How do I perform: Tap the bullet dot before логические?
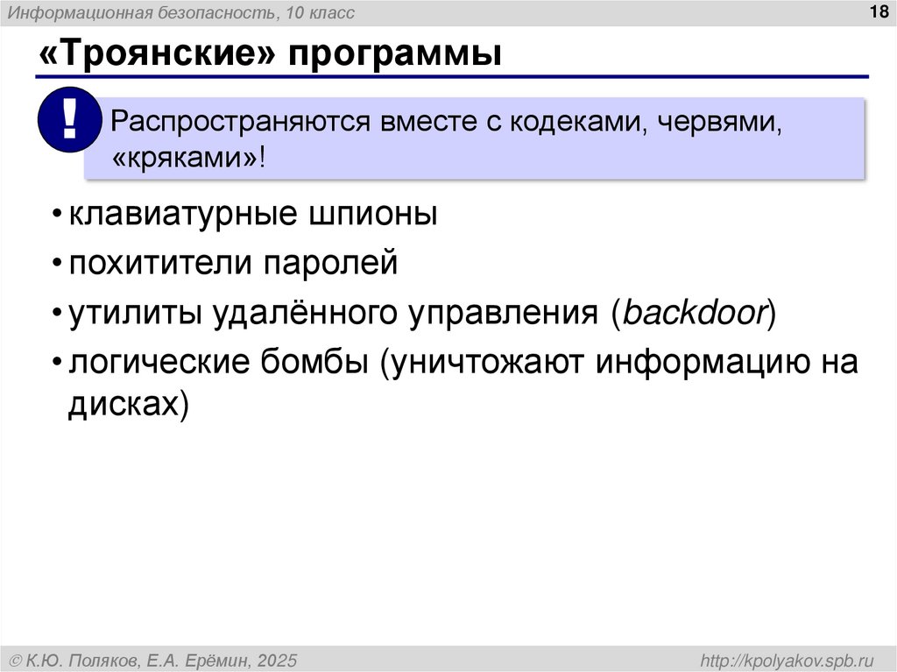point(57,363)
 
